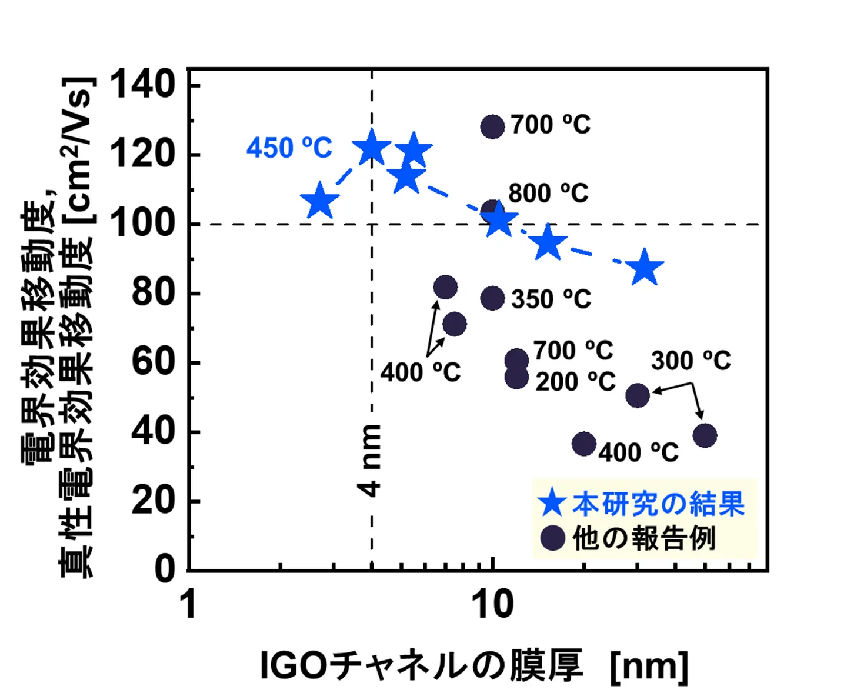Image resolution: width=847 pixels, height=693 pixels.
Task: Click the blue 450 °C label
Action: click(x=289, y=147)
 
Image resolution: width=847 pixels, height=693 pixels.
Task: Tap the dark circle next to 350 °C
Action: click(x=493, y=298)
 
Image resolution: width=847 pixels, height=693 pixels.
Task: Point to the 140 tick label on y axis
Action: click(x=143, y=84)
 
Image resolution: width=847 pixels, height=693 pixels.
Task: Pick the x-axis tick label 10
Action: click(x=493, y=605)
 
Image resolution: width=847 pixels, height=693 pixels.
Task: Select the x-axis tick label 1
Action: click(x=189, y=605)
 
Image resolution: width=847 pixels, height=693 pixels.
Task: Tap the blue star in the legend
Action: click(x=552, y=504)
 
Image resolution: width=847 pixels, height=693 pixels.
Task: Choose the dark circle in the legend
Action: click(x=552, y=538)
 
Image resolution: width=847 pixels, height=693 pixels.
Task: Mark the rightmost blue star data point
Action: click(x=645, y=267)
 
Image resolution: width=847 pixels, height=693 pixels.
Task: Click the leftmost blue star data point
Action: click(x=319, y=201)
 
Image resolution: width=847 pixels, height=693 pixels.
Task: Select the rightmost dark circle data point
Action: click(x=705, y=435)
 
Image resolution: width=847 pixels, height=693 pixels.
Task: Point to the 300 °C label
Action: click(x=691, y=360)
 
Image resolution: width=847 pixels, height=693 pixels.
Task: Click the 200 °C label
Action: click(x=575, y=381)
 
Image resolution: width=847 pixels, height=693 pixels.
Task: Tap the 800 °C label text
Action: click(x=548, y=192)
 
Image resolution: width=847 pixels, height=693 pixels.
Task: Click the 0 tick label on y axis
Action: click(x=165, y=569)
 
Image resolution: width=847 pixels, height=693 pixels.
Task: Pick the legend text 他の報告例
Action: click(x=644, y=538)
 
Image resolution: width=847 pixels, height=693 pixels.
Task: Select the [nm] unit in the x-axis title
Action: click(x=649, y=666)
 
